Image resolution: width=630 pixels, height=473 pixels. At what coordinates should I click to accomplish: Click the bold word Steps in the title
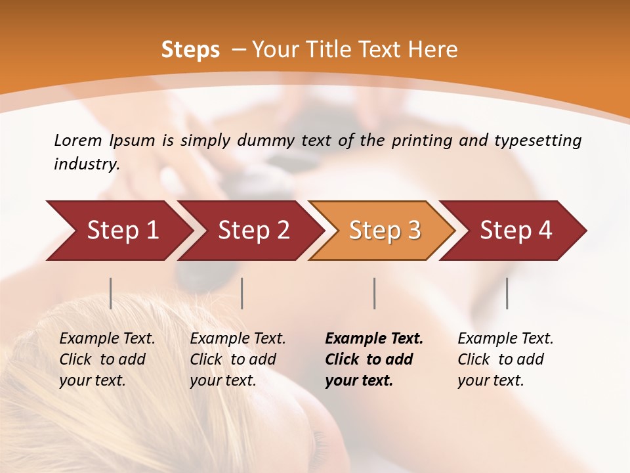190,50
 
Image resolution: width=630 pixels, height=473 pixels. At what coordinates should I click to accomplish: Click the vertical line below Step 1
111,293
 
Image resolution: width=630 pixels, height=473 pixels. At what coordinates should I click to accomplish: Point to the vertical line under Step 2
242,293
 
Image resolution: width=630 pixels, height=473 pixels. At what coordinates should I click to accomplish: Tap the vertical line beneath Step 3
375,293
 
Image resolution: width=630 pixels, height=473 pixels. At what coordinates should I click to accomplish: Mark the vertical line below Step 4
507,293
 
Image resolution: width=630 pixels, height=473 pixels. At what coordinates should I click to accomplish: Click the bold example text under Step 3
374,359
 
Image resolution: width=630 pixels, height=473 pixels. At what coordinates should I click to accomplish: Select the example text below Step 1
107,359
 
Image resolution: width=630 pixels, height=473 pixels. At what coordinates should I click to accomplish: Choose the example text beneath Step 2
238,359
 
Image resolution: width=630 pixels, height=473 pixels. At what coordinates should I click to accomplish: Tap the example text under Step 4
505,359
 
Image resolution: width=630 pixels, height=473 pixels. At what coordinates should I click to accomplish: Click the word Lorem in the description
78,140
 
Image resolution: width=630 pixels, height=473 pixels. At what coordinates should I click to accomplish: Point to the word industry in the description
87,164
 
